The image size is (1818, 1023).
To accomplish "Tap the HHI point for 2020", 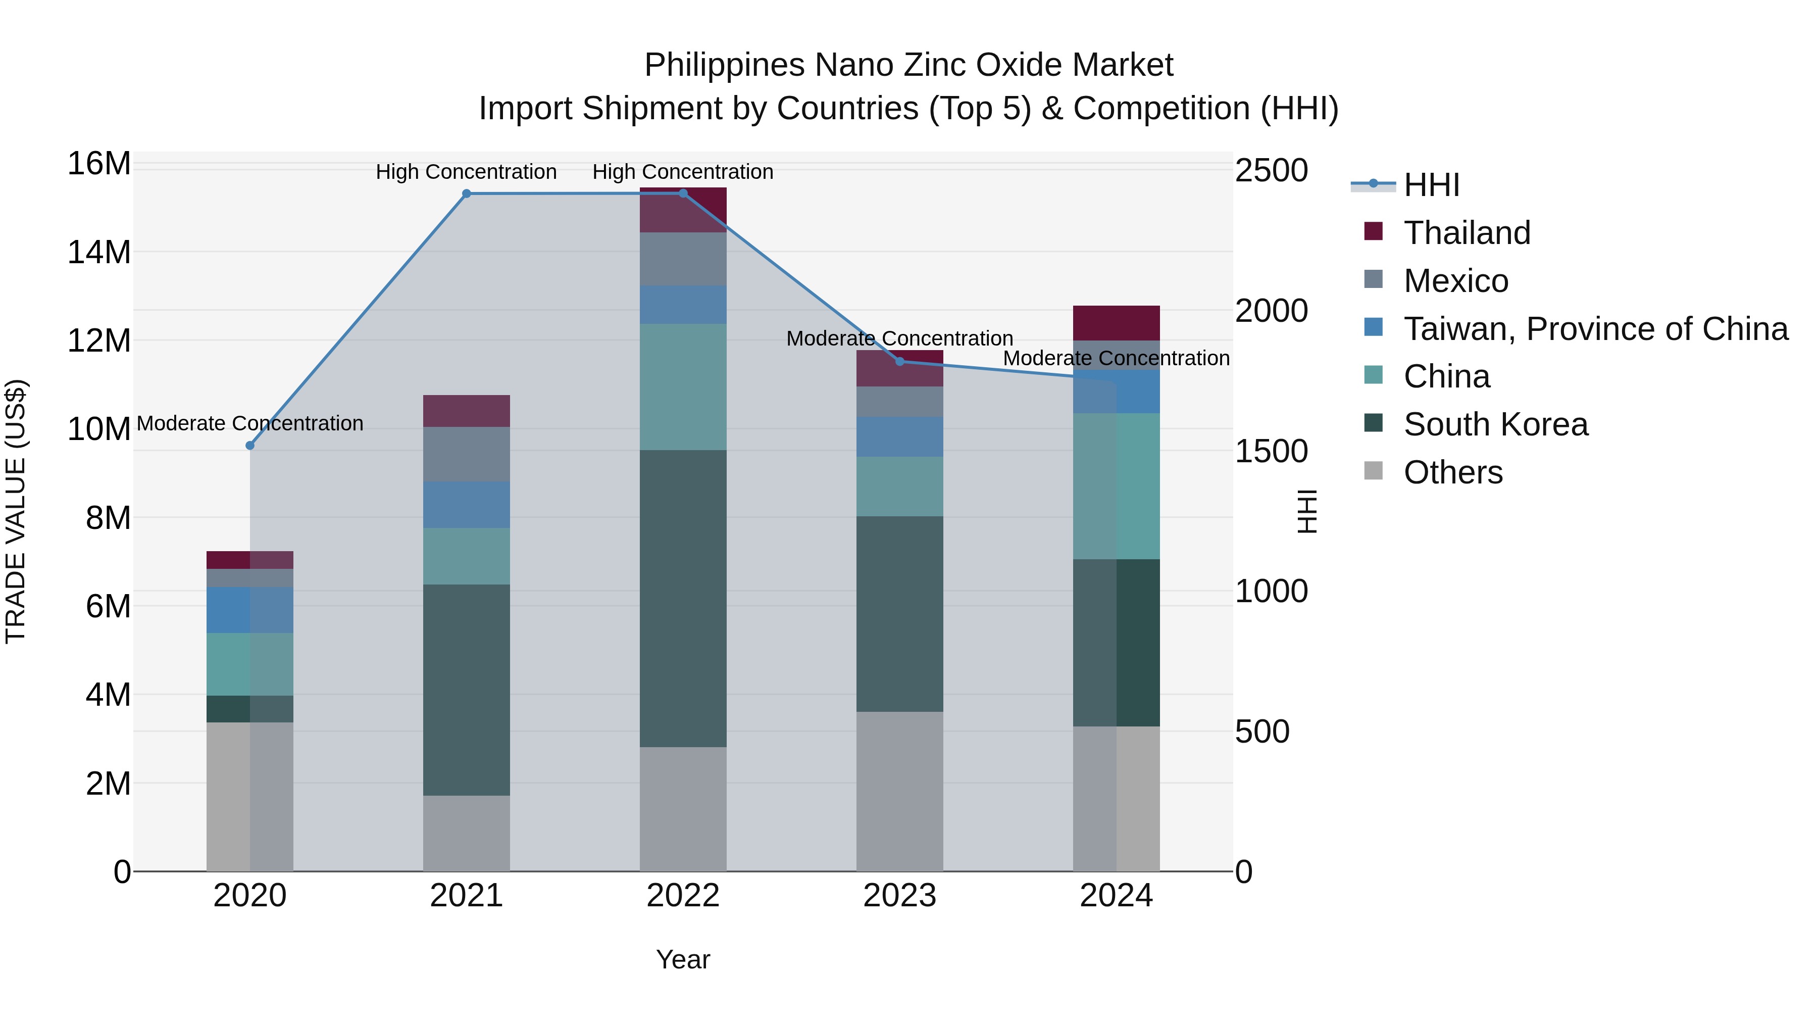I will [250, 446].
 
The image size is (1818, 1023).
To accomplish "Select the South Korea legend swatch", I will [1374, 424].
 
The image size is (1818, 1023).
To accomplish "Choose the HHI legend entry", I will [1431, 185].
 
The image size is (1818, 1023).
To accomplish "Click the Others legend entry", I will [1452, 472].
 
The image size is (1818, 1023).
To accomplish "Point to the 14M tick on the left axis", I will [99, 252].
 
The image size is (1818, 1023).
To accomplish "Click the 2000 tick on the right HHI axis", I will [1271, 311].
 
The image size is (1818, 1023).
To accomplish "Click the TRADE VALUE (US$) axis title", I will [16, 511].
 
